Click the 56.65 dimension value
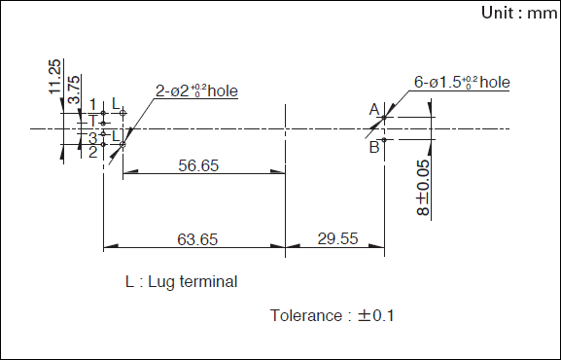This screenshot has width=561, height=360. (x=198, y=165)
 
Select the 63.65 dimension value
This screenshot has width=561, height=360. (x=197, y=239)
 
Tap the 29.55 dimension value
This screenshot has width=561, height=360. (x=337, y=238)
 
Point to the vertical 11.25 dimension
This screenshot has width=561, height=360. (x=54, y=77)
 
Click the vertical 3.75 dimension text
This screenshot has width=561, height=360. (x=73, y=90)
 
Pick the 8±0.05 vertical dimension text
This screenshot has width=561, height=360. (x=423, y=188)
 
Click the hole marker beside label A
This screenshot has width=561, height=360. (x=384, y=117)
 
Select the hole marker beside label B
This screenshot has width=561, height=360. (x=384, y=140)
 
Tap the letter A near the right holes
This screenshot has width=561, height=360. (x=374, y=110)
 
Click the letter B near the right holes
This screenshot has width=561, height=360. (x=374, y=147)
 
